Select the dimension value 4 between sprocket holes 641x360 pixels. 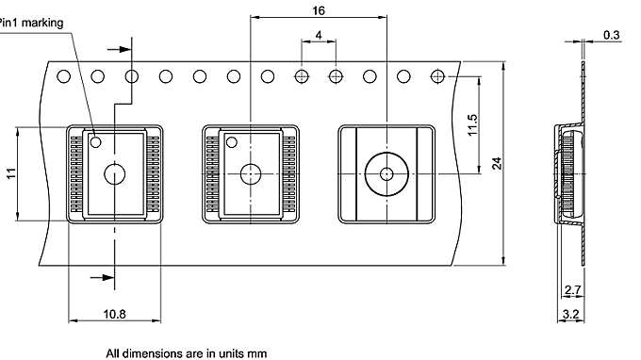click(319, 35)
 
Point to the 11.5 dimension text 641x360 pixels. click(473, 124)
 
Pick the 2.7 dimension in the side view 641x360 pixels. click(571, 289)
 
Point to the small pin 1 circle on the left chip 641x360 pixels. click(96, 141)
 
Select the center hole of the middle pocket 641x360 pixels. click(251, 173)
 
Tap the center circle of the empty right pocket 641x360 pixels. click(386, 173)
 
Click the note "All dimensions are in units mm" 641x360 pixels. click(187, 353)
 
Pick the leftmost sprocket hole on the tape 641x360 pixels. click(64, 76)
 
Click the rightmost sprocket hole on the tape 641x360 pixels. click(437, 76)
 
